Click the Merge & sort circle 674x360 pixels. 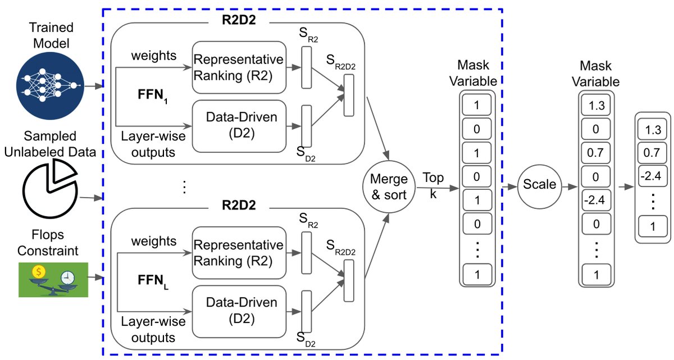click(389, 187)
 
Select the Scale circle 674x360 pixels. click(540, 187)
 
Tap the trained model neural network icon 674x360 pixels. click(50, 86)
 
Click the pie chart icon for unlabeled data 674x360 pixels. click(50, 188)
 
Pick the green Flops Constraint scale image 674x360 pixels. click(53, 280)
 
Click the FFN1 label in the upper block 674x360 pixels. click(153, 95)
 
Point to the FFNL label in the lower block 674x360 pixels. click(153, 281)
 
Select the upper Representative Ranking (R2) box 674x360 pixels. click(239, 67)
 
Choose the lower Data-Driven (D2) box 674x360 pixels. click(239, 312)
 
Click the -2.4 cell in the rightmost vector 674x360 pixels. click(652, 176)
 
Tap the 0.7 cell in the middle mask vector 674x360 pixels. click(596, 153)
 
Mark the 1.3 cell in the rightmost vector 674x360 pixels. click(652, 130)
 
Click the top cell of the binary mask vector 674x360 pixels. click(477, 105)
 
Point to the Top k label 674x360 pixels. click(433, 185)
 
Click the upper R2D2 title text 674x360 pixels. click(239, 20)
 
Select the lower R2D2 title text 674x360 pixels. click(239, 205)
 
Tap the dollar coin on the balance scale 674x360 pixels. click(39, 272)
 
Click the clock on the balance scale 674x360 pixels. click(68, 277)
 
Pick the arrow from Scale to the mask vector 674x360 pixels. click(570, 187)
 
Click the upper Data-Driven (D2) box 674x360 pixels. click(239, 126)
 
